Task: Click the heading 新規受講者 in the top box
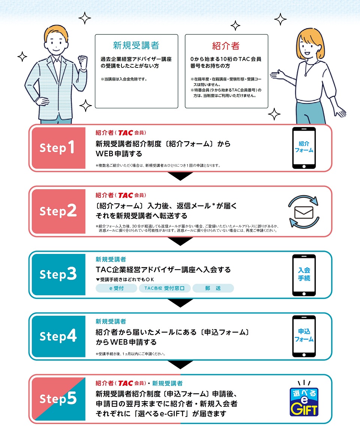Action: pyautogui.click(x=136, y=46)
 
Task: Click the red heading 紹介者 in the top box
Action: pyautogui.click(x=226, y=46)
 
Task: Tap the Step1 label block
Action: pyautogui.click(x=58, y=148)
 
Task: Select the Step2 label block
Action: pyautogui.click(x=58, y=211)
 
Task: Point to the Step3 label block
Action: pyautogui.click(x=58, y=275)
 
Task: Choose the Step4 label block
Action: pyautogui.click(x=58, y=336)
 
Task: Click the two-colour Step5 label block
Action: pyautogui.click(x=58, y=399)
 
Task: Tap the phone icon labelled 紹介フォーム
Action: pyautogui.click(x=304, y=148)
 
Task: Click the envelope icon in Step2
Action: pyautogui.click(x=304, y=212)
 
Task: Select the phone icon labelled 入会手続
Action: pyautogui.click(x=304, y=275)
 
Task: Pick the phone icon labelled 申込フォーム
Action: pyautogui.click(x=304, y=336)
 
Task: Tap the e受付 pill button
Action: pyautogui.click(x=116, y=288)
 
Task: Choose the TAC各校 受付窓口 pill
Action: pyautogui.click(x=165, y=288)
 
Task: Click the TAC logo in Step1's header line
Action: pyautogui.click(x=125, y=133)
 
